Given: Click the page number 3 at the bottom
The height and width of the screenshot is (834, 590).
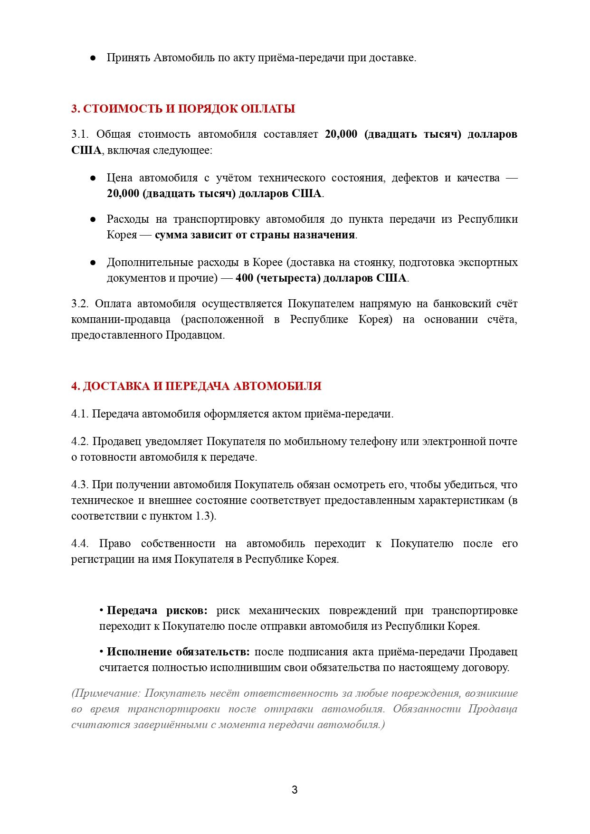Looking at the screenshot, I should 295,790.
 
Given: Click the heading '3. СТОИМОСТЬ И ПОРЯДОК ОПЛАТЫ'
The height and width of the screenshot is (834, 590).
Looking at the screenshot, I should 183,109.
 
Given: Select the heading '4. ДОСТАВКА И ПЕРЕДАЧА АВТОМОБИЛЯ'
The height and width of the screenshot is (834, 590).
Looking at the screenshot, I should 196,386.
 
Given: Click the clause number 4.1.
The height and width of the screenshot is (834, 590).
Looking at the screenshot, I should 80,414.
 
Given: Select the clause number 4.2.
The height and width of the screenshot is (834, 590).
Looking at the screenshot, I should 80,442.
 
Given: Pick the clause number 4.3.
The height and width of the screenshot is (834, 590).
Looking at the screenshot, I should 80,485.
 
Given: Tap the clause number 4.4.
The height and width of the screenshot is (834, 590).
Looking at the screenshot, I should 80,544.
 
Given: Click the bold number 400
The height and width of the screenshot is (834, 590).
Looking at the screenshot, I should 244,278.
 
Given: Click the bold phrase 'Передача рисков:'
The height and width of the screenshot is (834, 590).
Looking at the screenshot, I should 157,611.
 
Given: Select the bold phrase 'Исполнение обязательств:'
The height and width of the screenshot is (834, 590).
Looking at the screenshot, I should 178,652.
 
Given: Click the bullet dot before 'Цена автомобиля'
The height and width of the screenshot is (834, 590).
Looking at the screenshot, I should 93,178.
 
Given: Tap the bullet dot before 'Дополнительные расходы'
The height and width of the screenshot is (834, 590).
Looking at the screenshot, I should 93,263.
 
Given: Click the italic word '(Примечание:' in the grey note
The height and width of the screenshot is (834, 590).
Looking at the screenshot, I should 106,693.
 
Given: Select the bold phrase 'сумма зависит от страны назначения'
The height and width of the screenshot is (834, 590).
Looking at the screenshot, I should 255,235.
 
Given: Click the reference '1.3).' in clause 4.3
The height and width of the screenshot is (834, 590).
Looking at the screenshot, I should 206,516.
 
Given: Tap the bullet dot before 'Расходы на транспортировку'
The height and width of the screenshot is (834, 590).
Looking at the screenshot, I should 93,219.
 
